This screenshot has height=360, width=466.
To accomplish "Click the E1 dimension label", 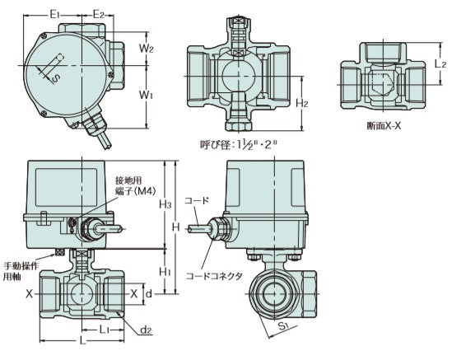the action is pos(55,14).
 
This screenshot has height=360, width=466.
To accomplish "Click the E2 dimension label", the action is pos(99,14).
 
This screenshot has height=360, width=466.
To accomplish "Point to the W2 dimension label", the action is pos(147,48).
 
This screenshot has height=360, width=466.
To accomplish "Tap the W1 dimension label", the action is pos(147,95).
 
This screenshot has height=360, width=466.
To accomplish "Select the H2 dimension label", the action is pos(302,104).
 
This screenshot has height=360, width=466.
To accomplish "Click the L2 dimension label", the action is pos(440,63).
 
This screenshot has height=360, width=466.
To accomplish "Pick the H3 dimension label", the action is pos(165,204).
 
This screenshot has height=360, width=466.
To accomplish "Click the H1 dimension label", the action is pos(165,271).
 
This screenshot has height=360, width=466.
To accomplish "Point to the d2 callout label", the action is pos(146,330).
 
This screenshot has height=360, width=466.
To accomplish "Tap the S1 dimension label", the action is pos(284,326).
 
